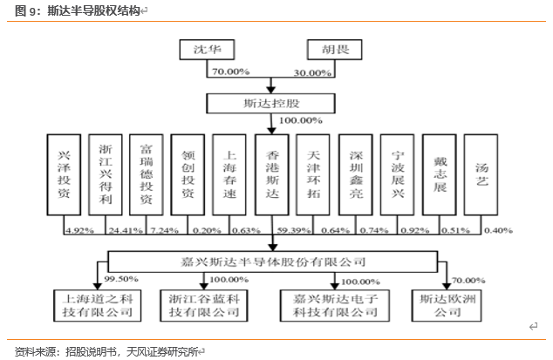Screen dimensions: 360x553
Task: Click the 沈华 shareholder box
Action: pos(207,49)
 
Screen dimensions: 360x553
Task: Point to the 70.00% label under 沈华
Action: pos(229,71)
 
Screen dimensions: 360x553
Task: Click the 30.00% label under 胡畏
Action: pos(313,71)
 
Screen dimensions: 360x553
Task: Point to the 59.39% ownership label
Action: pos(290,230)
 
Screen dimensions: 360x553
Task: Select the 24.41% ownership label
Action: pos(121,230)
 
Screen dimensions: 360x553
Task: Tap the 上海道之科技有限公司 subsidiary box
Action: pos(93,304)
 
